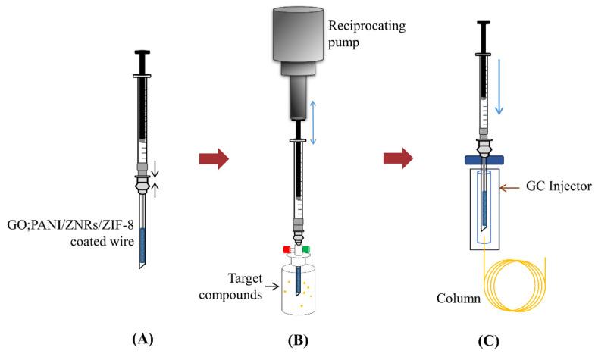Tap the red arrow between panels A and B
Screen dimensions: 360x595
213,159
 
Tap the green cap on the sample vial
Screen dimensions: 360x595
307,249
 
